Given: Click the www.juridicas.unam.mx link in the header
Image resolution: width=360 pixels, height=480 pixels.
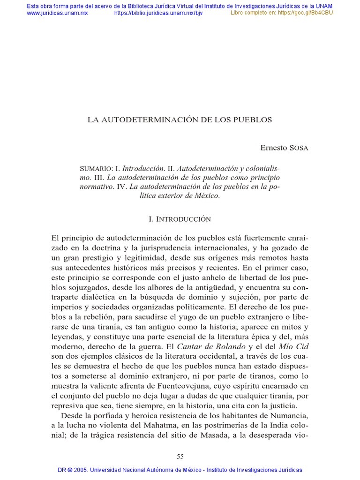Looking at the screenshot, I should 57,13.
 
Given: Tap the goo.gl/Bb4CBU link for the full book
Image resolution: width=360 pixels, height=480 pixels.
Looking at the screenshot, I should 305,13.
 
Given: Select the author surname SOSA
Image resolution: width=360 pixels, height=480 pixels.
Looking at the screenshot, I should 299,148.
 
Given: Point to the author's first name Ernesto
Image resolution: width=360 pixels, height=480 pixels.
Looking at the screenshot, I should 274,148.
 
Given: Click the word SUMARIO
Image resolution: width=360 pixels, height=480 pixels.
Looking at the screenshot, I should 96,168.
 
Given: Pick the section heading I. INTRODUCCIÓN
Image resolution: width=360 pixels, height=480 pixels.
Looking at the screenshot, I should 180,219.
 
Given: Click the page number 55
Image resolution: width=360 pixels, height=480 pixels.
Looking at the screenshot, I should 180,457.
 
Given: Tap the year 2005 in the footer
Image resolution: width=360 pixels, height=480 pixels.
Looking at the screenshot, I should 79,470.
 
